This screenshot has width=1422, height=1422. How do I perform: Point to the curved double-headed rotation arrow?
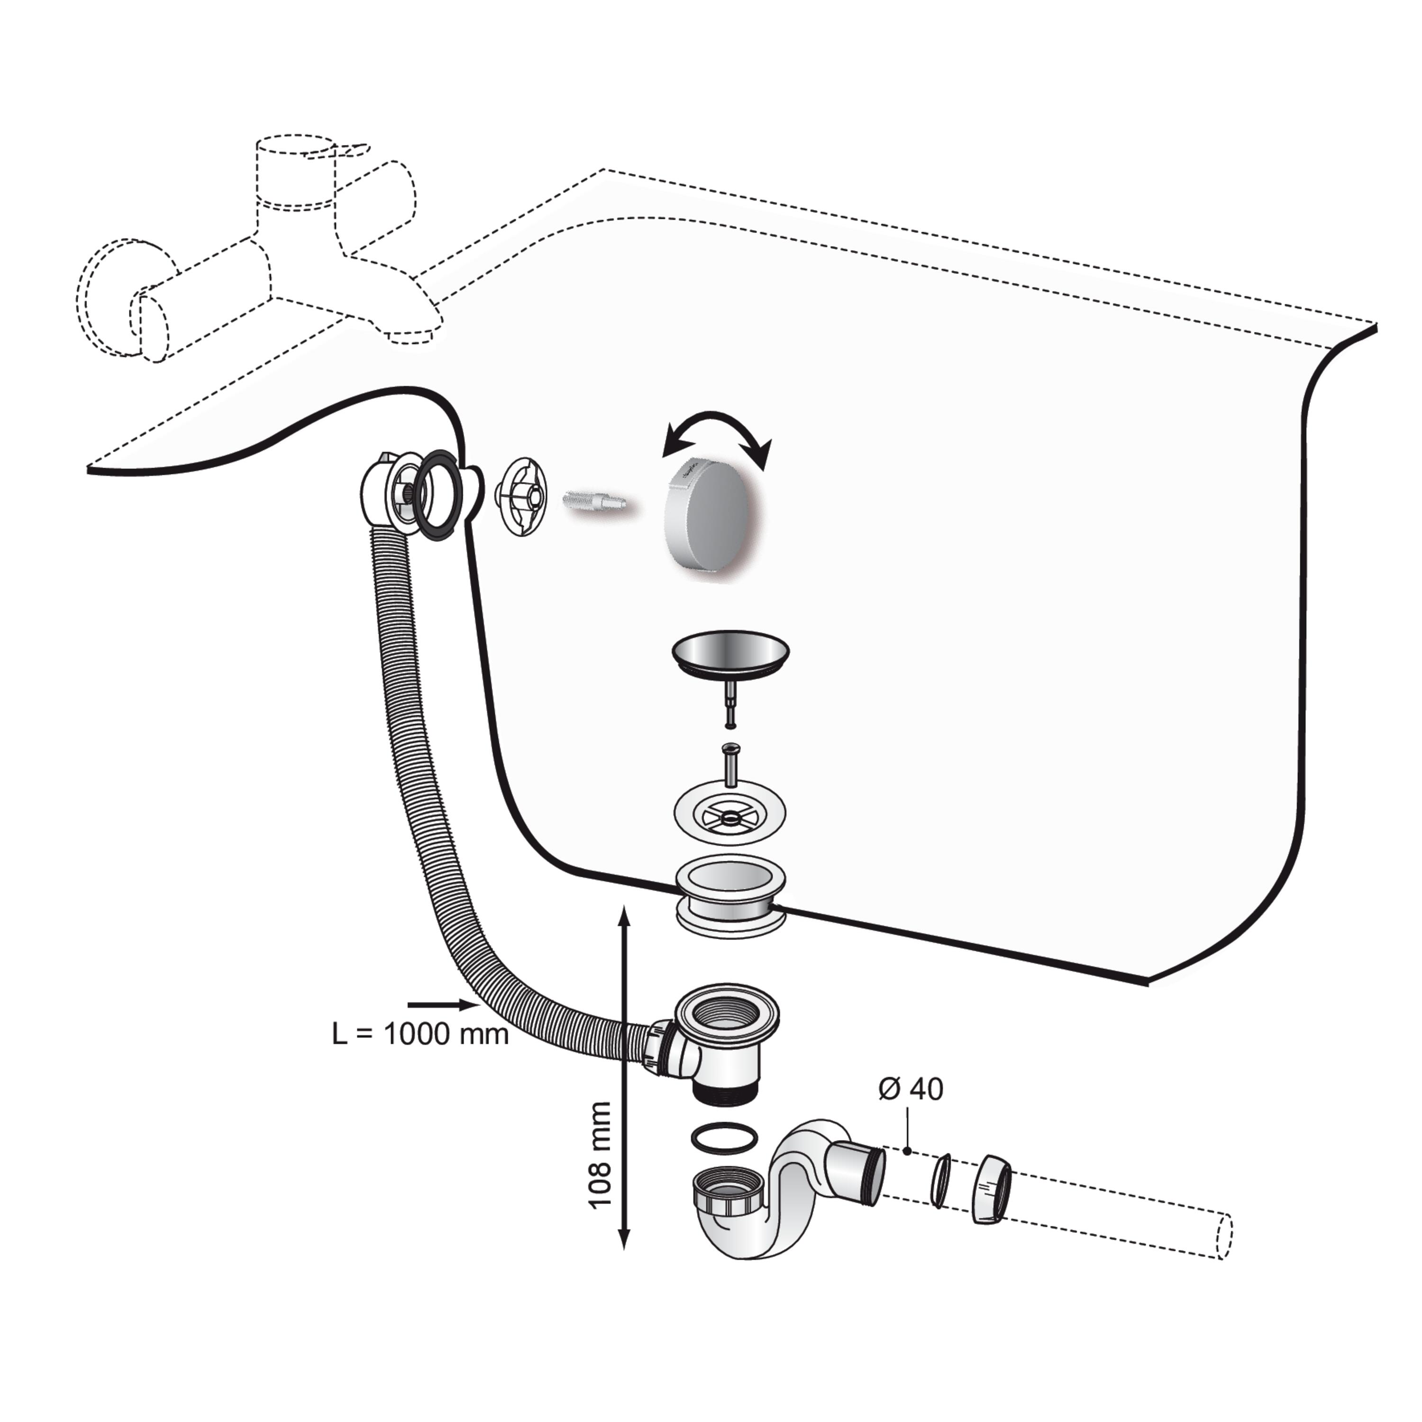tap(718, 423)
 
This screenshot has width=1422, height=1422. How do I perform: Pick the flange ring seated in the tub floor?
tap(730, 900)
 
